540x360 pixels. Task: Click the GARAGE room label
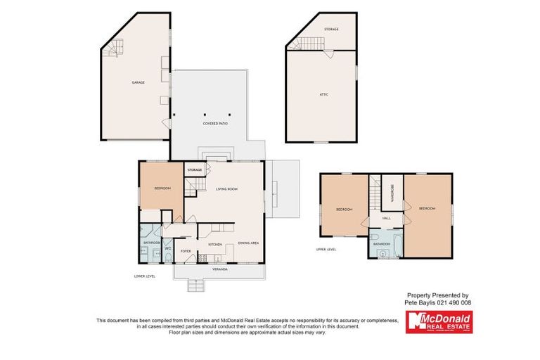click(x=138, y=83)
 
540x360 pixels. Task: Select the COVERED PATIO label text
click(x=215, y=124)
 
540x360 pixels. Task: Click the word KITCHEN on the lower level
click(x=215, y=244)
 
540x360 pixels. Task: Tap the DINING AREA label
click(x=248, y=243)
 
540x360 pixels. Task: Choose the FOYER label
click(x=186, y=251)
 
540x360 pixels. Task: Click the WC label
click(x=167, y=248)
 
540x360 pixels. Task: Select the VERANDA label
click(x=220, y=269)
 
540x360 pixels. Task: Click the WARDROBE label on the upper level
click(x=392, y=193)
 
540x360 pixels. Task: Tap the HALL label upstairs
click(x=386, y=219)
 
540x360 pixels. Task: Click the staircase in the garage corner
click(x=113, y=49)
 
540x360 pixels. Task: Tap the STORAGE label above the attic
click(x=331, y=29)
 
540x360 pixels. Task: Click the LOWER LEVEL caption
click(x=143, y=276)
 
